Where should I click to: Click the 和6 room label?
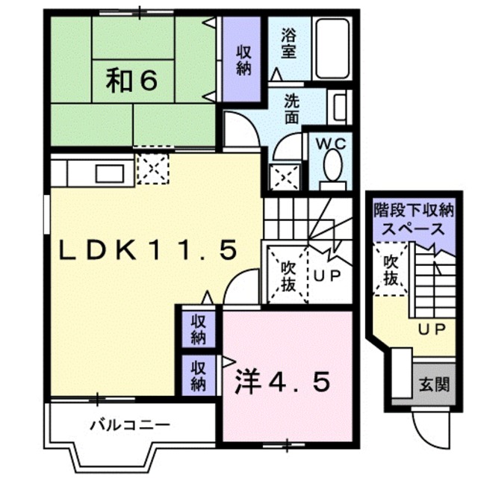pyautogui.click(x=131, y=81)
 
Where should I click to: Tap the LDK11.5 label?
pyautogui.click(x=148, y=249)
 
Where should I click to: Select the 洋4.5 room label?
pyautogui.click(x=282, y=382)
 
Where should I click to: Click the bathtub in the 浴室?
pyautogui.click(x=332, y=49)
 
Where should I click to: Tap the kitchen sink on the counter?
pyautogui.click(x=110, y=174)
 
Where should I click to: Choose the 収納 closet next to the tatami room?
pyautogui.click(x=241, y=59)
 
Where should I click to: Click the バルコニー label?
pyautogui.click(x=130, y=425)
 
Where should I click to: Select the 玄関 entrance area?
pyautogui.click(x=434, y=384)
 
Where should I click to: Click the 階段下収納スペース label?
pyautogui.click(x=414, y=220)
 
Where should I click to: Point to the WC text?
pyautogui.click(x=331, y=144)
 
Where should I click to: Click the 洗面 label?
pyautogui.click(x=291, y=108)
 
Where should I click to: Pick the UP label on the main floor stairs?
pyautogui.click(x=327, y=276)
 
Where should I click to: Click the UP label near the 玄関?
pyautogui.click(x=432, y=329)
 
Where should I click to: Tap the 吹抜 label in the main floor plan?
pyautogui.click(x=288, y=276)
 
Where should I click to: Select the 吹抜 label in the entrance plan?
pyautogui.click(x=390, y=270)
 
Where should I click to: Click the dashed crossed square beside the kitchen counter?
pyautogui.click(x=152, y=169)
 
